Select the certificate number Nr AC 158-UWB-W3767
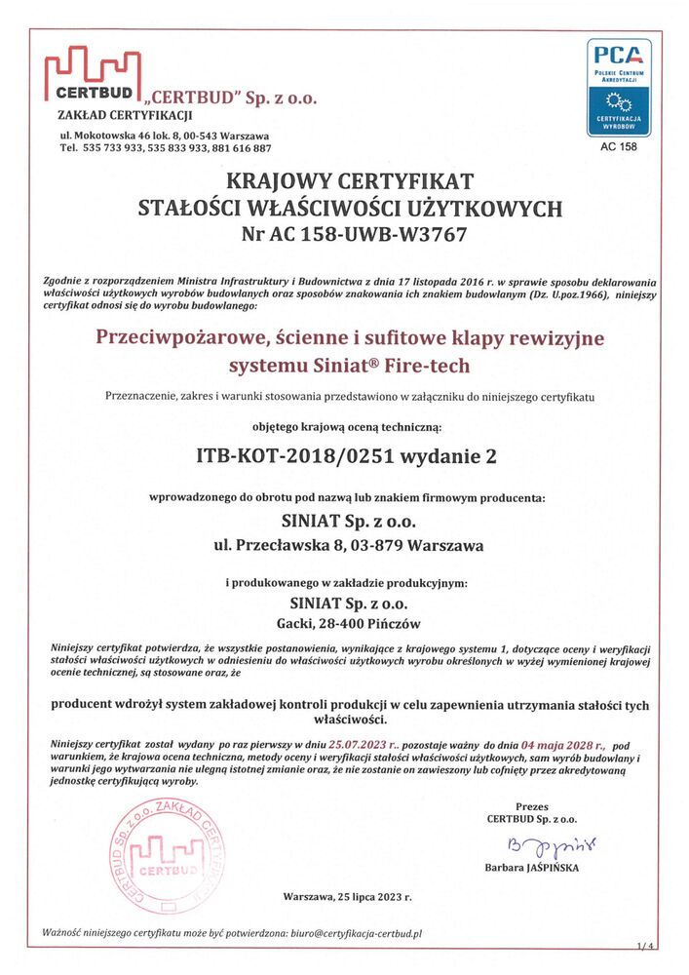click(x=353, y=234)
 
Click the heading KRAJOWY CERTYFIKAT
click(x=350, y=181)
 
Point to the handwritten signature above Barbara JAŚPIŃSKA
click(x=533, y=843)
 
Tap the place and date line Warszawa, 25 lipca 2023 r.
click(x=348, y=895)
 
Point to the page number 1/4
click(x=646, y=946)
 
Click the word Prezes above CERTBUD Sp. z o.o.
click(x=532, y=807)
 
